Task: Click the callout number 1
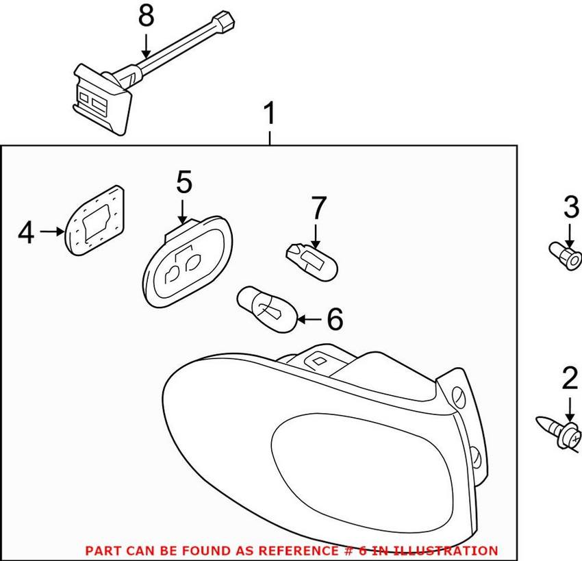[270, 113]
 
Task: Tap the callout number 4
[25, 233]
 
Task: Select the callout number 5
[183, 183]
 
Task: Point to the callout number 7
[319, 209]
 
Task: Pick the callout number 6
[333, 319]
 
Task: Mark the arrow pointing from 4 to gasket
[52, 232]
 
